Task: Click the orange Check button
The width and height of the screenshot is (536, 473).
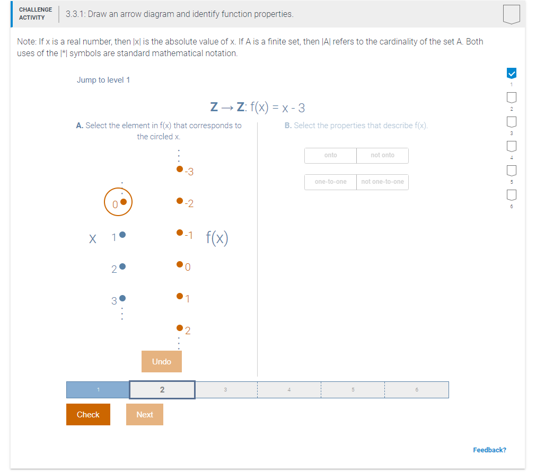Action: [88, 414]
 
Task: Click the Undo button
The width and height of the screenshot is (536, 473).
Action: [162, 361]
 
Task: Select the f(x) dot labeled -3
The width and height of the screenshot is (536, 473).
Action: [180, 169]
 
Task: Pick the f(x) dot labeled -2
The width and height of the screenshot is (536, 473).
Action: [180, 201]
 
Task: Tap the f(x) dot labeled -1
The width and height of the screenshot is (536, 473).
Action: [180, 233]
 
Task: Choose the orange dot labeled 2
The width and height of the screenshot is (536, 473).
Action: [180, 328]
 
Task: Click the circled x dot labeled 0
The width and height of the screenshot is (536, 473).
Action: [123, 201]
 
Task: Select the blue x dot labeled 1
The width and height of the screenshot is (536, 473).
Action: [122, 235]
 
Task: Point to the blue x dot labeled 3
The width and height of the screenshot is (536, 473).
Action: [122, 298]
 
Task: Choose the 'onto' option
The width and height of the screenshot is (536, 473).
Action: [330, 155]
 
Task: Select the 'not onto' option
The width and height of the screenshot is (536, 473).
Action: [382, 155]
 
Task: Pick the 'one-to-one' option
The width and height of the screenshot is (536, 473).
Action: [330, 182]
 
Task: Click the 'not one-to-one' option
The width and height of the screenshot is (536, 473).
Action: [382, 182]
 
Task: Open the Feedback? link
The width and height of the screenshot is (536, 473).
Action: [489, 450]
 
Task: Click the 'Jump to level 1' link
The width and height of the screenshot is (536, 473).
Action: [103, 80]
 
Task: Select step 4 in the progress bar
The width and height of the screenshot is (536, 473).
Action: [289, 390]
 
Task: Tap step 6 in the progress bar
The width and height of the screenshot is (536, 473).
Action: [417, 390]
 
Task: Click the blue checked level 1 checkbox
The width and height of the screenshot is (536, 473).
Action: [512, 73]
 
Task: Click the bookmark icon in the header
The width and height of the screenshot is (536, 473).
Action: [512, 14]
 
